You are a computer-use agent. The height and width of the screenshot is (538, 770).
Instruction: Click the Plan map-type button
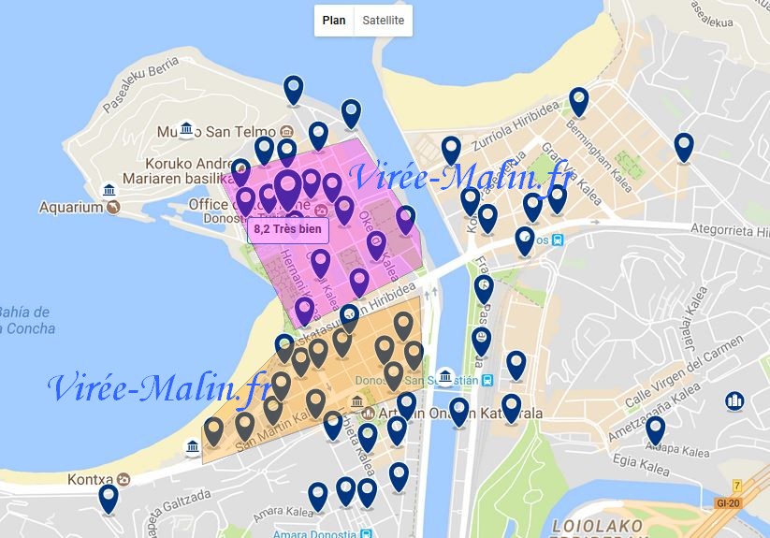pos(334,21)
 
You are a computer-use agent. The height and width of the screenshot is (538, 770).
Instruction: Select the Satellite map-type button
pos(383,21)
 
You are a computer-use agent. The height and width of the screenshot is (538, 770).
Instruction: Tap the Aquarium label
pos(70,207)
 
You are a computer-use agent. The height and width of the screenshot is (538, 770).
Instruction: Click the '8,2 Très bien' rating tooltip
pos(288,227)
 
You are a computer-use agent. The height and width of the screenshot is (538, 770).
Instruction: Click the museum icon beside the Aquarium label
pos(109,191)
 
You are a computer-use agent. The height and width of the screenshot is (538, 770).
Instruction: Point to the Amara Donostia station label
pos(308,533)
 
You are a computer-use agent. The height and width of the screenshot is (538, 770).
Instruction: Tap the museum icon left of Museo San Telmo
pos(186,128)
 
